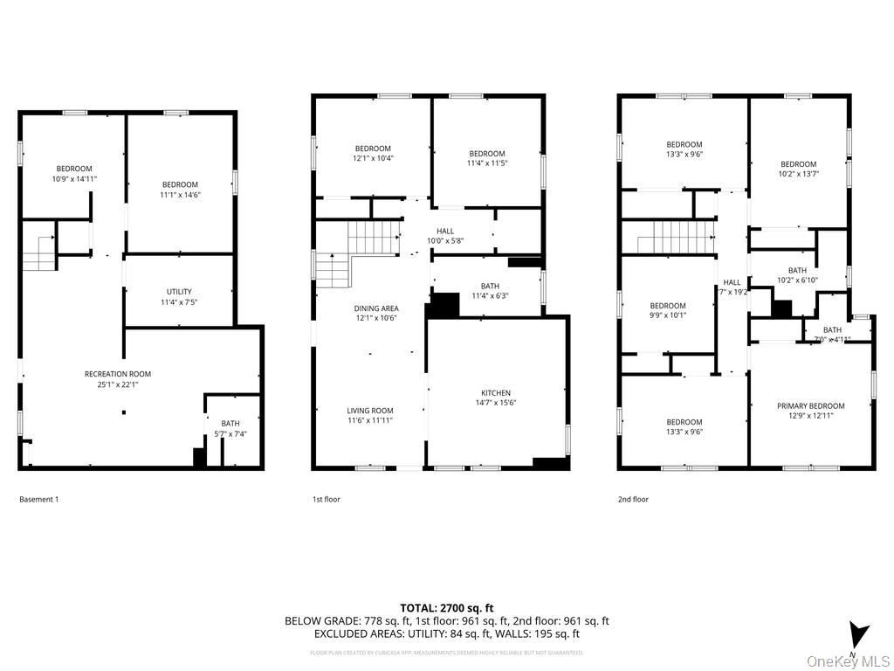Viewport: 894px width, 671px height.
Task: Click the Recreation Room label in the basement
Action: pyautogui.click(x=118, y=374)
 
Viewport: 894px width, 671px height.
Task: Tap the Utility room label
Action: pyautogui.click(x=179, y=292)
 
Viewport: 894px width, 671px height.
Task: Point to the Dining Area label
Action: pyautogui.click(x=376, y=308)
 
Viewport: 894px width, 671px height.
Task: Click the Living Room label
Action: pyautogui.click(x=370, y=411)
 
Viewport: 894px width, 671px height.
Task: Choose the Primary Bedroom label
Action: pyautogui.click(x=811, y=405)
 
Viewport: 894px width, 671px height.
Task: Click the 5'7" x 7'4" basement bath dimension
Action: pyautogui.click(x=230, y=434)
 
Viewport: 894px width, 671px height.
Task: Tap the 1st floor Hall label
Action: pyautogui.click(x=445, y=232)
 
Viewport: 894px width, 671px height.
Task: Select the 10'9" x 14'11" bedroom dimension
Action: pyautogui.click(x=74, y=178)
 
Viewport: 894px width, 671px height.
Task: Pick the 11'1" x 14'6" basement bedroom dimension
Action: pyautogui.click(x=180, y=195)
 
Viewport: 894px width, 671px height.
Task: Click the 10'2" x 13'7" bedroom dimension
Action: pyautogui.click(x=798, y=174)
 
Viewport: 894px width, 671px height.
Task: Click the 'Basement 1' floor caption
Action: pyautogui.click(x=39, y=500)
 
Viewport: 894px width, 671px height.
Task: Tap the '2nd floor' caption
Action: pyautogui.click(x=633, y=500)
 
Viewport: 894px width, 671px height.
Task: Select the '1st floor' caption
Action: pyautogui.click(x=327, y=500)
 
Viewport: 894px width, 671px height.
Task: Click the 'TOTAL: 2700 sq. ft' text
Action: pyautogui.click(x=447, y=607)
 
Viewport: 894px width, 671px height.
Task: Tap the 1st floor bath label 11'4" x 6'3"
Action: pyautogui.click(x=490, y=296)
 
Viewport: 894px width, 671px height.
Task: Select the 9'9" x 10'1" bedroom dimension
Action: pyautogui.click(x=667, y=315)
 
